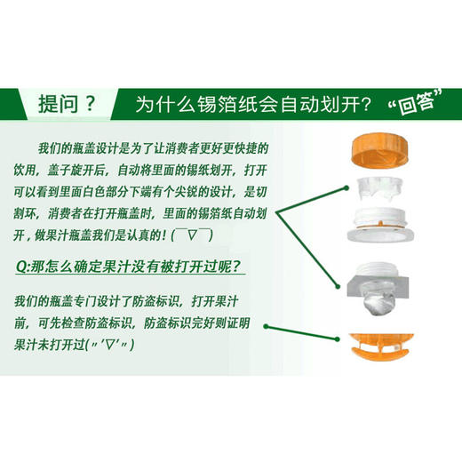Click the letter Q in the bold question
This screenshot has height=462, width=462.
click(x=22, y=265)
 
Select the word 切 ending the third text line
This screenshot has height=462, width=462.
click(x=262, y=194)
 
